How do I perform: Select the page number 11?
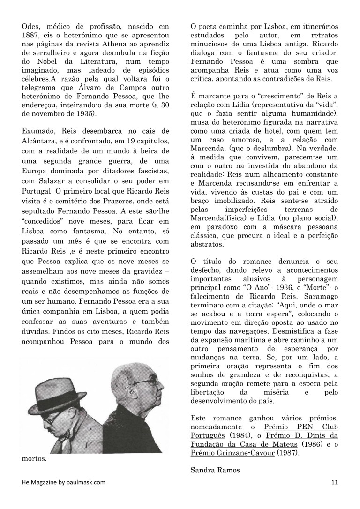tap(334, 482)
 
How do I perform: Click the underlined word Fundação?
tap(209, 444)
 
